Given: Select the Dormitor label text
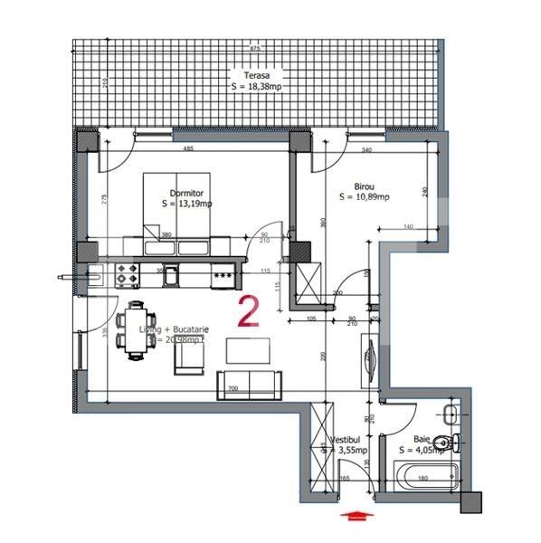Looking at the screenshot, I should click(x=185, y=193).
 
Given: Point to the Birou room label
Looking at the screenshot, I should click(x=351, y=182).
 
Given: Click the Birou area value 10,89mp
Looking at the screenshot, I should click(x=364, y=195).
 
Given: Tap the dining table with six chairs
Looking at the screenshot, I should click(x=137, y=330).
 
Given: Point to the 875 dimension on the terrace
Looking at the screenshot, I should click(x=255, y=48).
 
